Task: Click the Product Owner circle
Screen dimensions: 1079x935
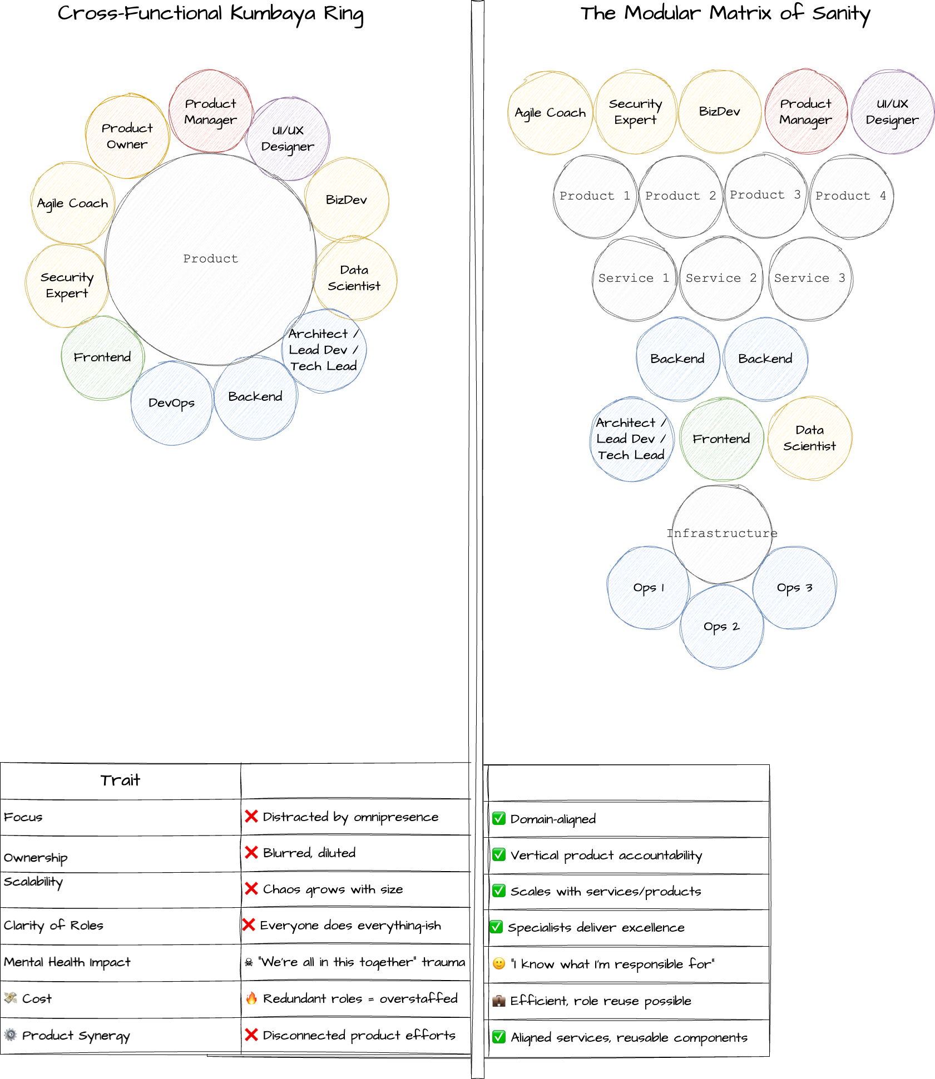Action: [x=127, y=136]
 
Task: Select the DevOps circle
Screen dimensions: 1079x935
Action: [x=171, y=403]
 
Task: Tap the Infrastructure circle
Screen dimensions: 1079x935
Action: [x=721, y=533]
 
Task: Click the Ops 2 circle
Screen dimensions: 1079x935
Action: [x=721, y=626]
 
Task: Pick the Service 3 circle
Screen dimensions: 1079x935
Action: [x=809, y=278]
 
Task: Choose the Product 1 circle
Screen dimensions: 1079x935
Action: [x=594, y=196]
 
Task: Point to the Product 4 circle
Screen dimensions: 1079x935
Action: [x=850, y=196]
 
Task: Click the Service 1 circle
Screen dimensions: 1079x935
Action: [x=633, y=278]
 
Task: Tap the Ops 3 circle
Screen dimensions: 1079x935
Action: [x=794, y=588]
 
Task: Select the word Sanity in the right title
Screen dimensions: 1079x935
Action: [x=840, y=13]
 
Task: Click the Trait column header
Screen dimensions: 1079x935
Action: [x=120, y=780]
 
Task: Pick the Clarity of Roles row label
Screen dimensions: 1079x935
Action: [x=53, y=926]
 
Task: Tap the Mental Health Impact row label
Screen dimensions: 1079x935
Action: [x=67, y=962]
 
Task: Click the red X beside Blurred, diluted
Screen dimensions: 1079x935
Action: [x=251, y=853]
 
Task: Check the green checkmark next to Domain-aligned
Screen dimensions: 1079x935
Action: [x=499, y=818]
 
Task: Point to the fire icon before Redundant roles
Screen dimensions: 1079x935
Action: [x=251, y=998]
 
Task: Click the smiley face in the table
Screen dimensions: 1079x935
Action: [x=499, y=963]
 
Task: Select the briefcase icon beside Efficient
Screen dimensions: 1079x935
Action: [x=499, y=1001]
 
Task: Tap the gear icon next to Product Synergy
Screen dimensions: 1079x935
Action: [x=11, y=1035]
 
